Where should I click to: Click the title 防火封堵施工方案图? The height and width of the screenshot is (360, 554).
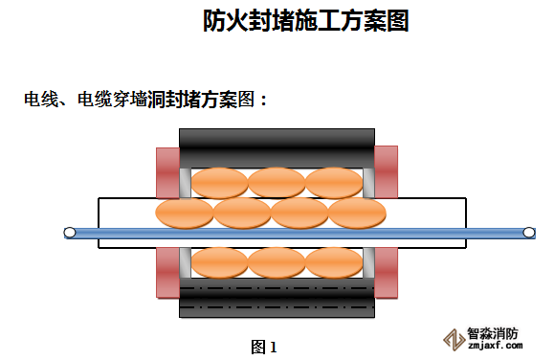pyautogui.click(x=306, y=20)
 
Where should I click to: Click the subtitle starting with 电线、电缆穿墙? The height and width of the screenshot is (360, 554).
pyautogui.click(x=145, y=100)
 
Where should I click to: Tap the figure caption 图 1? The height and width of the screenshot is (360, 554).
pyautogui.click(x=264, y=347)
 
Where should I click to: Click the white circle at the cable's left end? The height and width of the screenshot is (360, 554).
pyautogui.click(x=70, y=233)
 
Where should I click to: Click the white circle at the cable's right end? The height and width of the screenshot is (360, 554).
pyautogui.click(x=529, y=233)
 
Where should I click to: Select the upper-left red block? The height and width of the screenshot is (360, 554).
pyautogui.click(x=168, y=173)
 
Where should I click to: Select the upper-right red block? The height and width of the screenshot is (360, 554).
pyautogui.click(x=386, y=172)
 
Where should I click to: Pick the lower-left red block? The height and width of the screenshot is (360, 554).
pyautogui.click(x=168, y=273)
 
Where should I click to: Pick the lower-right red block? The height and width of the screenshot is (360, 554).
pyautogui.click(x=386, y=273)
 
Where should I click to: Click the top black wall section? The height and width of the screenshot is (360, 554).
pyautogui.click(x=277, y=148)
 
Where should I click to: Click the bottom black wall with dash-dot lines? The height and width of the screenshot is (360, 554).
pyautogui.click(x=277, y=298)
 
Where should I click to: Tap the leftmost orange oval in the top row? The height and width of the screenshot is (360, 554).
pyautogui.click(x=220, y=183)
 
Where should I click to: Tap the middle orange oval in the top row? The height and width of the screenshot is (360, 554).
pyautogui.click(x=277, y=183)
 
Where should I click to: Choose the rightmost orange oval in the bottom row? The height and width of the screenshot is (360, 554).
pyautogui.click(x=334, y=262)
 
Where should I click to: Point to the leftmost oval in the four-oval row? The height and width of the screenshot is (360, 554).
pyautogui.click(x=185, y=214)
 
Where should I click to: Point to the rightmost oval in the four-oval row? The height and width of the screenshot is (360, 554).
pyautogui.click(x=357, y=214)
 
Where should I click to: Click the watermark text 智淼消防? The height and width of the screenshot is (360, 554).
pyautogui.click(x=493, y=333)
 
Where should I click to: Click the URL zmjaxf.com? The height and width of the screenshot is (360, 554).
pyautogui.click(x=495, y=345)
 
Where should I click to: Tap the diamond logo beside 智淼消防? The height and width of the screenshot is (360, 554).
pyautogui.click(x=454, y=340)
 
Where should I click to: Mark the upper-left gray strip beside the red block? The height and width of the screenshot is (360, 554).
pyautogui.click(x=186, y=183)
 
